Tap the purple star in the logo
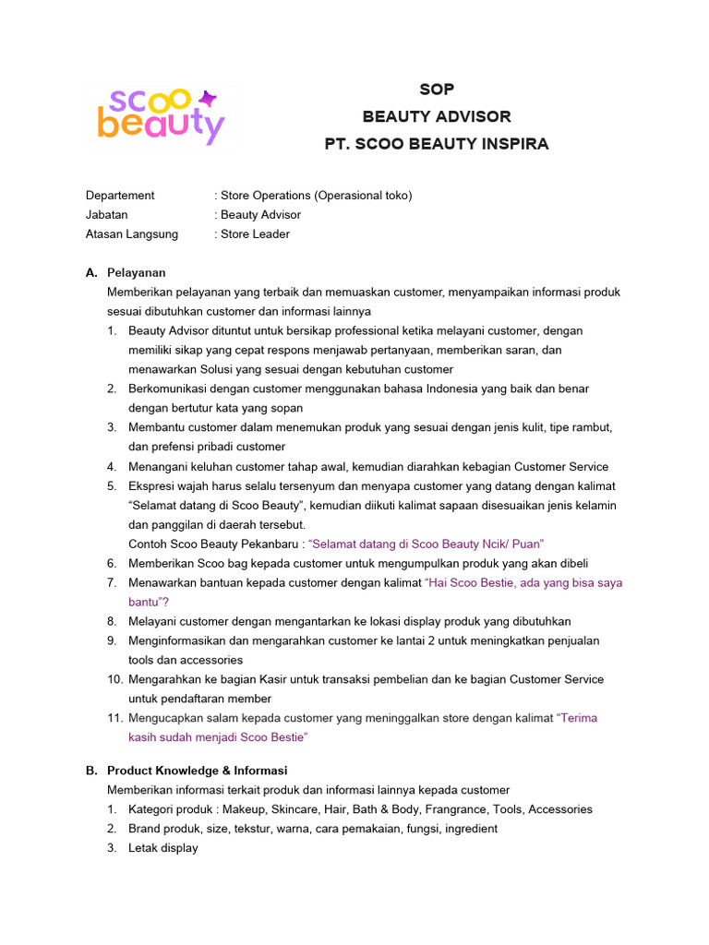tap(209, 98)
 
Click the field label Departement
tap(120, 196)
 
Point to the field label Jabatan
tap(106, 215)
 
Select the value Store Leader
tap(255, 234)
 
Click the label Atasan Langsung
tap(131, 234)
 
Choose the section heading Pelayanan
tap(137, 273)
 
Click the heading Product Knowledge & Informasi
tap(197, 771)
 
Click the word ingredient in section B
tap(471, 829)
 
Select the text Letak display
tap(163, 848)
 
